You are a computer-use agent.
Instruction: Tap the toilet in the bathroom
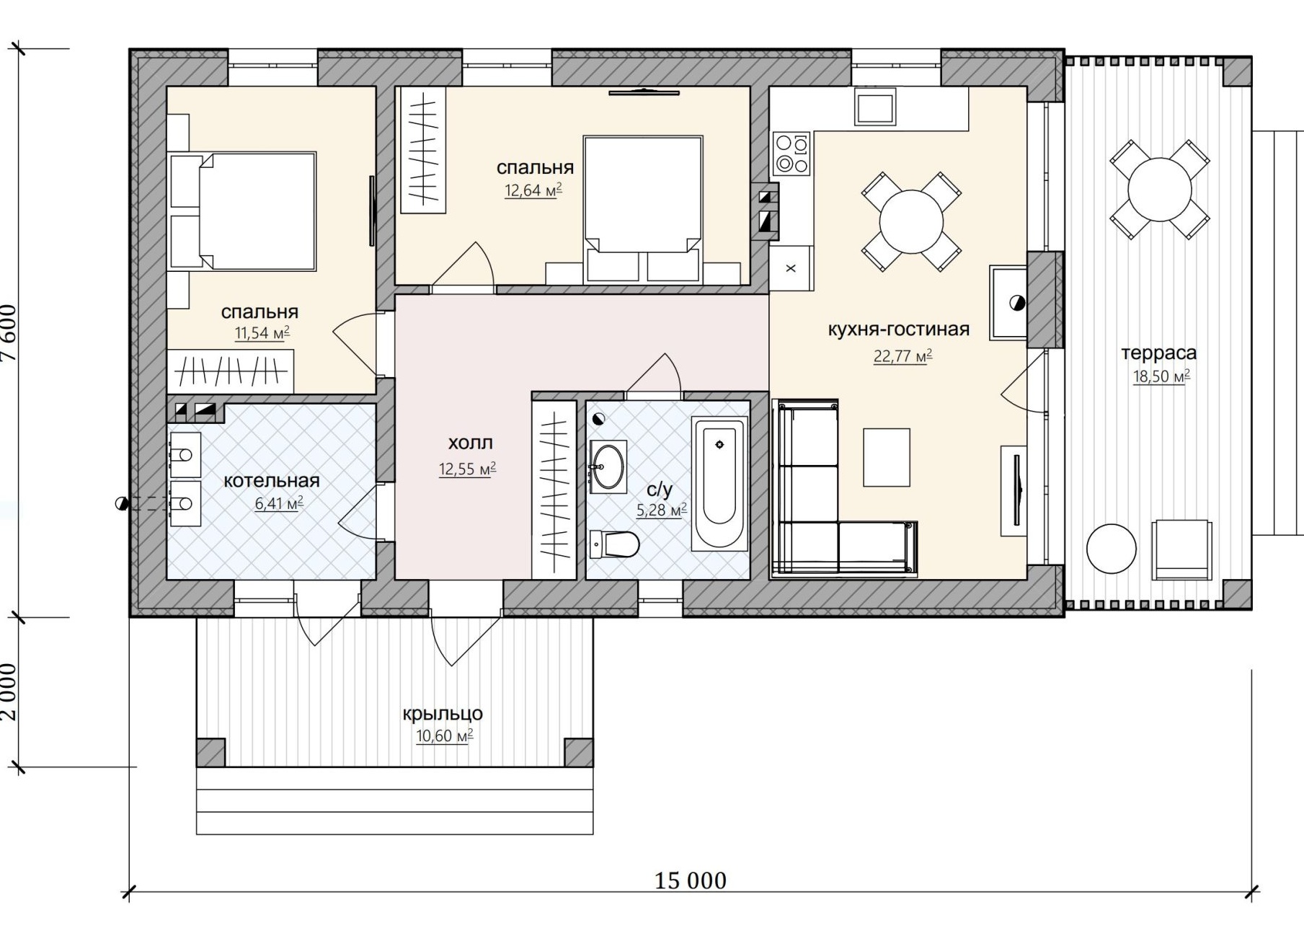click(614, 544)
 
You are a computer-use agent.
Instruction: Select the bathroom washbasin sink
click(608, 467)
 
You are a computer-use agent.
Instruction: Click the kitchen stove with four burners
click(791, 154)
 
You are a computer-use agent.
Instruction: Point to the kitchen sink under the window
click(875, 106)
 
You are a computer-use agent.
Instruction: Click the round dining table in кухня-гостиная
click(911, 221)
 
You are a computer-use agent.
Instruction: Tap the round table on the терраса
click(1159, 189)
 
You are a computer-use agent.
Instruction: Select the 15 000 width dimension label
click(691, 880)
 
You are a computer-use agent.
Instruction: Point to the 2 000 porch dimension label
click(9, 691)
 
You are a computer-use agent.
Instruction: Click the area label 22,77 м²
click(902, 356)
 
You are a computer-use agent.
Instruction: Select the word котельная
click(271, 481)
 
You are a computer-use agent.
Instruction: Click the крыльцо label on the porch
click(443, 714)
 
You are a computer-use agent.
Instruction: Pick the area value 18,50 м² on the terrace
click(1161, 376)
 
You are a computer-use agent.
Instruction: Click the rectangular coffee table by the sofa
click(887, 457)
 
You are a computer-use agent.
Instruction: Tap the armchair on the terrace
click(1181, 549)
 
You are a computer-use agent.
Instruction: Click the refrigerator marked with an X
click(791, 268)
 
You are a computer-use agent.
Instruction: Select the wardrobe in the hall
click(554, 490)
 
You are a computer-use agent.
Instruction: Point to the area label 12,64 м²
click(533, 190)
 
